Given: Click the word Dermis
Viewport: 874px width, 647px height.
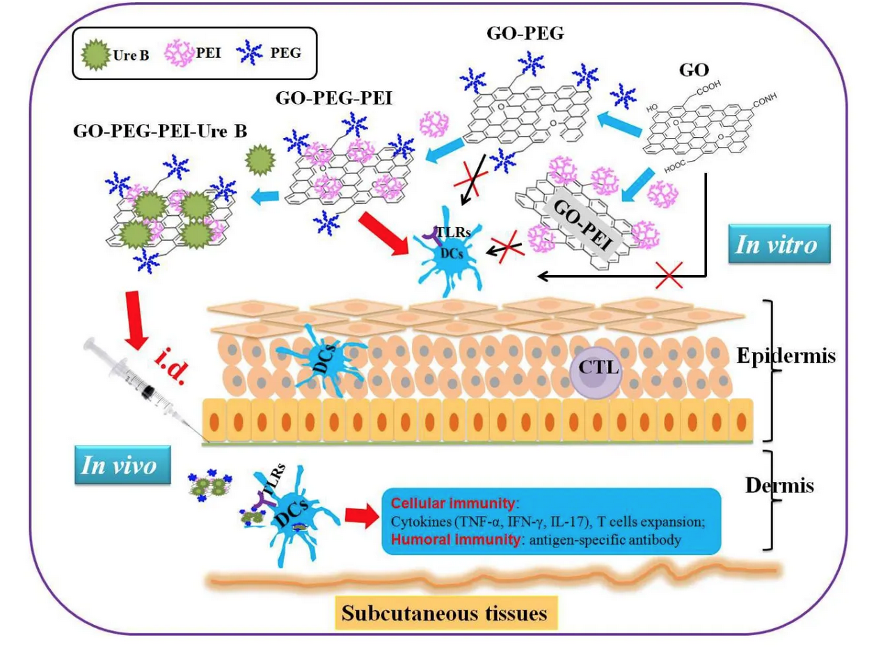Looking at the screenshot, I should (779, 485).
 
